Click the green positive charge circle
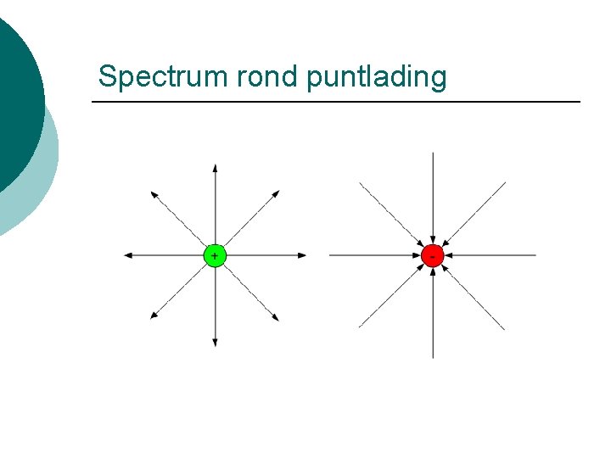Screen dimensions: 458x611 (215, 255)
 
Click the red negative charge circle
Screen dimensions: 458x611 (433, 255)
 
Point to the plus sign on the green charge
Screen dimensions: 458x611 (215, 255)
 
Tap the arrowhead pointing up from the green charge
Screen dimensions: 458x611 (215, 167)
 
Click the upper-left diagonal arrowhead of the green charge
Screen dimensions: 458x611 (154, 194)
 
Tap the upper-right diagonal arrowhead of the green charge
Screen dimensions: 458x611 (277, 194)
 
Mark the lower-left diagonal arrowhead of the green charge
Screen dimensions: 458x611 (154, 316)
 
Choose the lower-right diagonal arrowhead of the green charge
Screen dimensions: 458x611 (277, 317)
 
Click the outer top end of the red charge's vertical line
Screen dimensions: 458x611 (433, 154)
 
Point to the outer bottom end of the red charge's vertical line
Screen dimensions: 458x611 (433, 357)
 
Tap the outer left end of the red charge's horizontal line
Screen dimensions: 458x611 (329, 255)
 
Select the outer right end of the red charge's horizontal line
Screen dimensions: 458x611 (535, 255)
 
